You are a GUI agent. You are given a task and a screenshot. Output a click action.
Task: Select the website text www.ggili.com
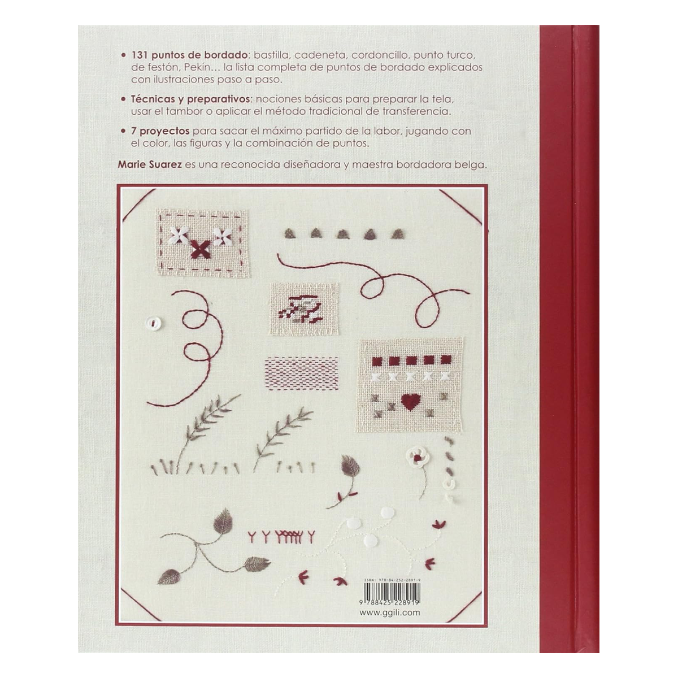tap(390, 612)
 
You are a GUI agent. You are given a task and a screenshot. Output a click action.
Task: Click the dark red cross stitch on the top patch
tap(199, 249)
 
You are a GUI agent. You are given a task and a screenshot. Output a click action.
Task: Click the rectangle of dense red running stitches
tap(301, 373)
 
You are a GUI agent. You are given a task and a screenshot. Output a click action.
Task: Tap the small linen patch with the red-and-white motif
tap(304, 308)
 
